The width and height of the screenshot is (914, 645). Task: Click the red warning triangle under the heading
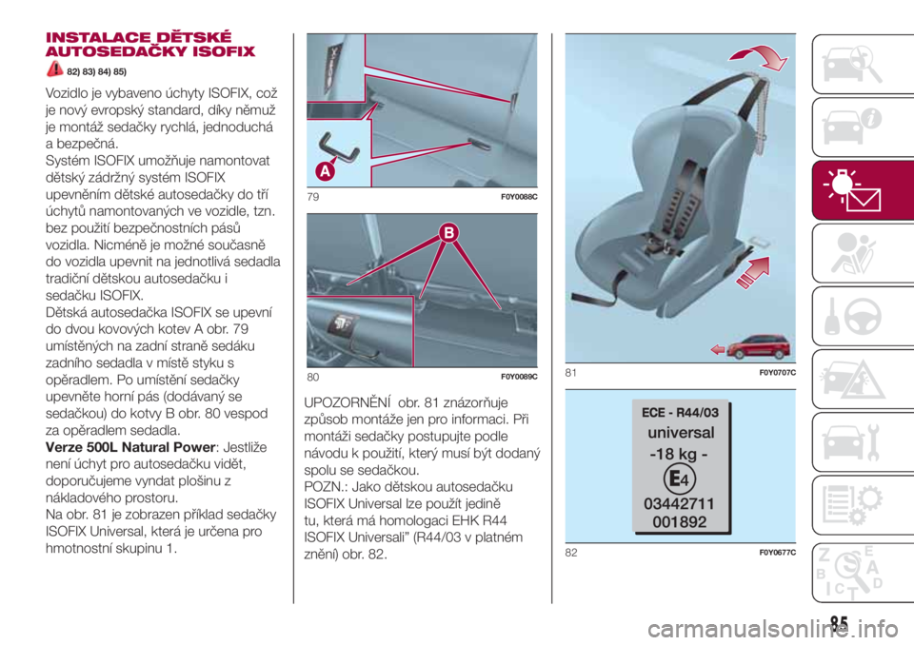(x=55, y=68)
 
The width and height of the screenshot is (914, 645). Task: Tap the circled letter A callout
(x=326, y=171)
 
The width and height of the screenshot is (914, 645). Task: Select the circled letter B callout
(x=448, y=233)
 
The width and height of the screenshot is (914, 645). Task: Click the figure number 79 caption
(x=313, y=197)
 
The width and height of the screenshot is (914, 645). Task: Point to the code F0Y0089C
(x=519, y=377)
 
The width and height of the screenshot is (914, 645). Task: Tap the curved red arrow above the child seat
(x=759, y=58)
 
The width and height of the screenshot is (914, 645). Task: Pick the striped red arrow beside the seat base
(x=753, y=272)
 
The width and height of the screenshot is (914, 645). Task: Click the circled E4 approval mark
(x=679, y=479)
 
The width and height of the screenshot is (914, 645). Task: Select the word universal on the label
(x=681, y=432)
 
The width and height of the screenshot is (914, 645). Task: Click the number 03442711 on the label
(x=679, y=503)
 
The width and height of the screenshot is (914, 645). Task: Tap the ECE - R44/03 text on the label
(x=680, y=413)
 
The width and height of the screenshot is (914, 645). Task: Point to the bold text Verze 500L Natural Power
(x=130, y=447)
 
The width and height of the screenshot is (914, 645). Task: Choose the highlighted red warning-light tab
(x=863, y=190)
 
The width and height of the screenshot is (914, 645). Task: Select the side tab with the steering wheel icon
(x=863, y=316)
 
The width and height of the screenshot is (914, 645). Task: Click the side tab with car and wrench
(x=863, y=441)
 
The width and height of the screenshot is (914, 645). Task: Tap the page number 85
(x=839, y=623)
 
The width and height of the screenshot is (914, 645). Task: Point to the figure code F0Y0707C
(x=778, y=373)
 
